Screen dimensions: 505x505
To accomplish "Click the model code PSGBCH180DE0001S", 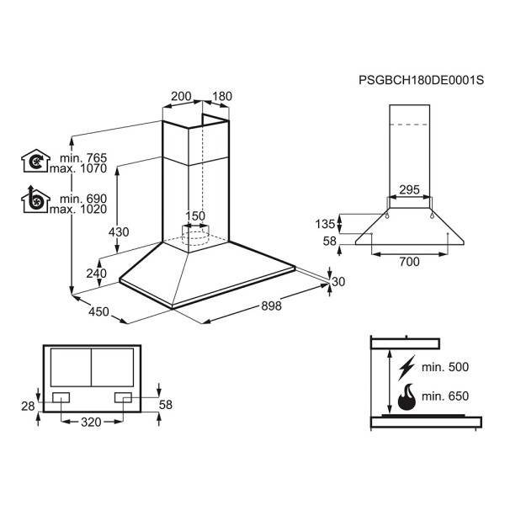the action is [422, 80].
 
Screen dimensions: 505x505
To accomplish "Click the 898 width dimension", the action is [271, 306].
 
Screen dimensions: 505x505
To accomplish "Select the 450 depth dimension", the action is [98, 311].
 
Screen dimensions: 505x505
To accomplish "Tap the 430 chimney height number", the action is [119, 232].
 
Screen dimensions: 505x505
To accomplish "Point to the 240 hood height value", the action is [96, 274].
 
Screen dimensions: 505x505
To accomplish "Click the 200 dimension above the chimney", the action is [181, 96].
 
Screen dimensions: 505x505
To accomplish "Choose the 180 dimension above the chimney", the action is [222, 96].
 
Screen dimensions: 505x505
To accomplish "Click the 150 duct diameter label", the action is [195, 215].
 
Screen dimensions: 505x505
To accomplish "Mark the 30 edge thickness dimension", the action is [338, 282].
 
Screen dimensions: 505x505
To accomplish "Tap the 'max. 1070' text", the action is [78, 168].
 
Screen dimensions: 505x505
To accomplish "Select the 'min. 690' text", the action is [83, 199].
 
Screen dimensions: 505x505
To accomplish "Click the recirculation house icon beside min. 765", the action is [35, 161].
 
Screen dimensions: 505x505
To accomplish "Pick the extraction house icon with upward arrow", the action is [35, 199].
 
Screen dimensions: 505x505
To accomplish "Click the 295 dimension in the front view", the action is [409, 189].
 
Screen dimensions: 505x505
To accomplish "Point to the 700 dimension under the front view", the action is [409, 262].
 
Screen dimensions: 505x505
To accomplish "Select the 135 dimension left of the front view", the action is [325, 224].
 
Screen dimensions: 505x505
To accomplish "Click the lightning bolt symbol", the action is [407, 368].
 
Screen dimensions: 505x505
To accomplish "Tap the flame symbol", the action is [407, 396].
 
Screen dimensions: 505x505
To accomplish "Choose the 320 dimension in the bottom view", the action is [91, 422].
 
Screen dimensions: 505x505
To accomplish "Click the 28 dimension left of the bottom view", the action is [28, 407].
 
